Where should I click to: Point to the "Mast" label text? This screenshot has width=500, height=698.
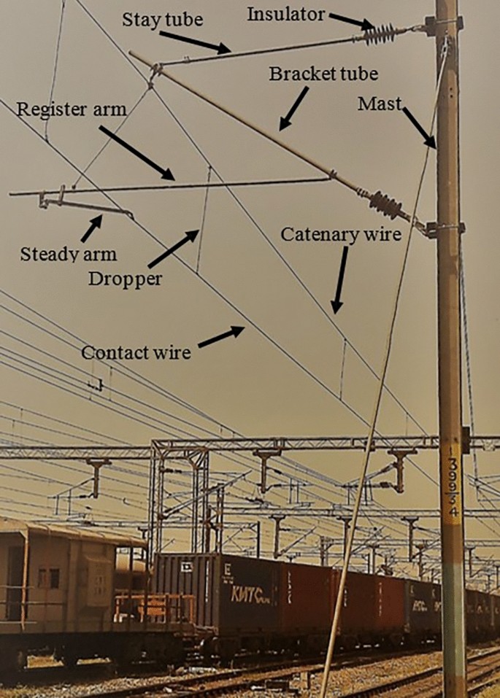click(380, 104)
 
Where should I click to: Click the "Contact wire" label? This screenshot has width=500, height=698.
click(136, 353)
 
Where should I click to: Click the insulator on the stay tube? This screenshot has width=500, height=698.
click(381, 34)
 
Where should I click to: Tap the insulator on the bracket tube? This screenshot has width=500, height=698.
click(386, 205)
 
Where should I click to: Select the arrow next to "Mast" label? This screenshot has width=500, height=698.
click(420, 126)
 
